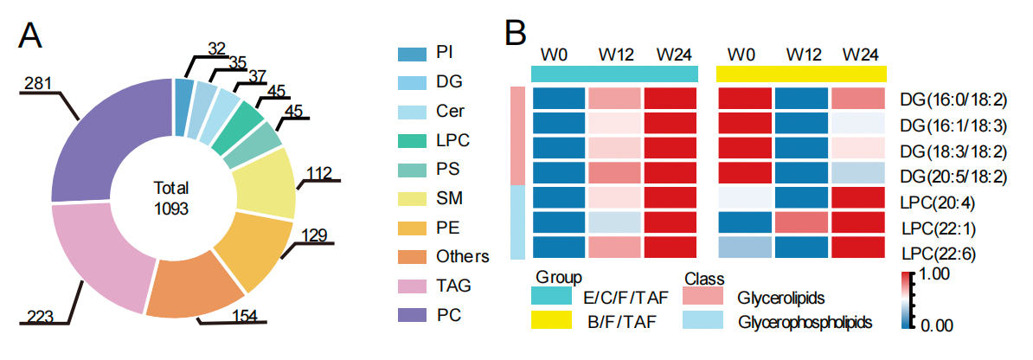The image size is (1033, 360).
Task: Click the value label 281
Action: [x=39, y=84]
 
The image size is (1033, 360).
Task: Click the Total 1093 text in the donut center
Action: [x=171, y=198]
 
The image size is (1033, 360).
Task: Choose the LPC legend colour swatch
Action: [x=412, y=139]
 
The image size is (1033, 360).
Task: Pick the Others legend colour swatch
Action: [x=412, y=256]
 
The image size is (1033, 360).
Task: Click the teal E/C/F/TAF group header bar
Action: [x=614, y=74]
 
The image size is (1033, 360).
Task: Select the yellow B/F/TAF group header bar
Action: [x=802, y=74]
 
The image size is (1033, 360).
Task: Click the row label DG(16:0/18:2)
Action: [x=953, y=100]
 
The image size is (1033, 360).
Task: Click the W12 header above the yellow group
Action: [x=803, y=53]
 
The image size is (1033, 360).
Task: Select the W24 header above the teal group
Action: [x=673, y=53]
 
